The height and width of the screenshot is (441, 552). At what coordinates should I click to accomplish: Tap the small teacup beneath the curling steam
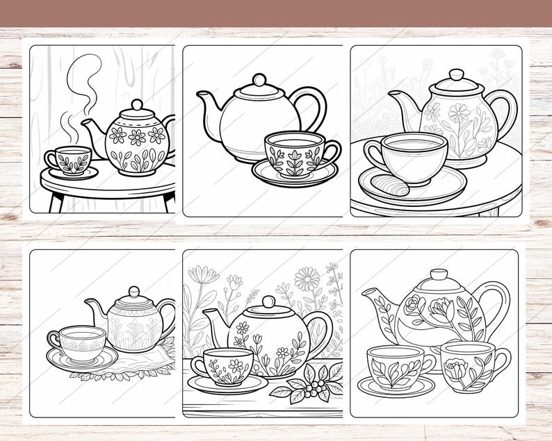(x=69, y=160)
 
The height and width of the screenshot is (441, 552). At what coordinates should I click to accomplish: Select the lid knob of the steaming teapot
(x=136, y=106)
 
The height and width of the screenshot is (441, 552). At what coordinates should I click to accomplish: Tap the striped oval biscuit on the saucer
(x=393, y=185)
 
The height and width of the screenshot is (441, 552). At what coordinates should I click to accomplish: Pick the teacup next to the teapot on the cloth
(x=80, y=340)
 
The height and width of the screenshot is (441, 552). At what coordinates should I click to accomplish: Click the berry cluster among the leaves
(x=316, y=386)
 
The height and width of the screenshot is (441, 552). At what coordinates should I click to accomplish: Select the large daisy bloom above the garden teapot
(x=307, y=279)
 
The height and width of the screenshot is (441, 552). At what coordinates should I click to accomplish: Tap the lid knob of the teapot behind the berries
(x=268, y=301)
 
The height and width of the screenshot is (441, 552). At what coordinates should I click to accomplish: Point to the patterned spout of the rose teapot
(x=379, y=306)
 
